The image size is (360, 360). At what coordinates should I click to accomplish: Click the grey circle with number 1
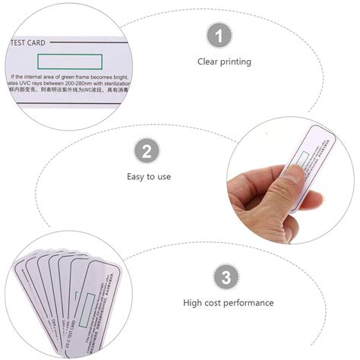point(219,36)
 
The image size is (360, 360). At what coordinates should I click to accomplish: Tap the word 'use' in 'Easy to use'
point(164,176)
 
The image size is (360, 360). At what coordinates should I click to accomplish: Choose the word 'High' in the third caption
point(194,302)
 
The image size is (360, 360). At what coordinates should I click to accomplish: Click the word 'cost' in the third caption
point(220,302)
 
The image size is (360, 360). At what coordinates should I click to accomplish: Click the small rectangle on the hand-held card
point(303,160)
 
